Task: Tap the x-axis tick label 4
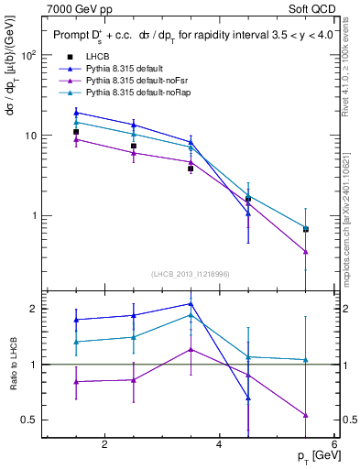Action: [219, 445]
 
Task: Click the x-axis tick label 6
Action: [333, 445]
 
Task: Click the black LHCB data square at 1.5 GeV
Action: [77, 132]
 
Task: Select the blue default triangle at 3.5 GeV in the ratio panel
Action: [191, 304]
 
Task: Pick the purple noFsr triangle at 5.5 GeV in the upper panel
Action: [305, 251]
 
